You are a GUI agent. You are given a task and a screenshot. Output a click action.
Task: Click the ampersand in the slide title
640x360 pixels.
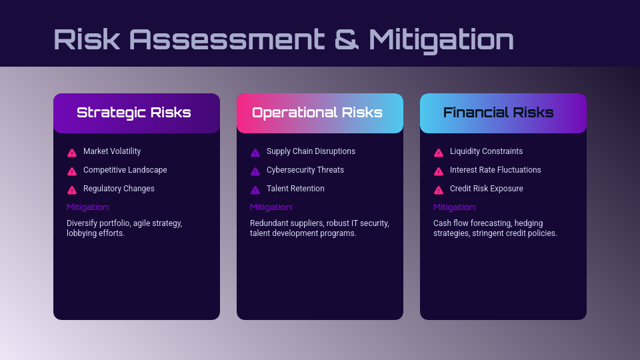[347, 39]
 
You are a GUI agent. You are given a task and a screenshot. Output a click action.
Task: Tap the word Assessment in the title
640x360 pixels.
[227, 39]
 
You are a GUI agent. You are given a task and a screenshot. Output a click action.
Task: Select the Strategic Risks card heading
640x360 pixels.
[134, 113]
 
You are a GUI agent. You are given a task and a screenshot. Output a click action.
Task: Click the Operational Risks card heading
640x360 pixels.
[317, 113]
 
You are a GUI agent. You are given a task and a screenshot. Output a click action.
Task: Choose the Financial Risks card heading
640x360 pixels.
[499, 113]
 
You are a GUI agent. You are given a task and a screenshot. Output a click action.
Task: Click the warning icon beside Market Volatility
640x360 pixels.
[72, 153]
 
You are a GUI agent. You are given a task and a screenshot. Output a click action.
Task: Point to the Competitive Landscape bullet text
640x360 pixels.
[125, 170]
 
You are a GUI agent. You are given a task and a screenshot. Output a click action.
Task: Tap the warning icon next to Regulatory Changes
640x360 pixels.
[72, 190]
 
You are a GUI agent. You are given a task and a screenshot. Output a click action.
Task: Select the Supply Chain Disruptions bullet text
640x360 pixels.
[311, 151]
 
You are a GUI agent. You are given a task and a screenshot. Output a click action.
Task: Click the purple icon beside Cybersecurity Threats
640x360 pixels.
[255, 171]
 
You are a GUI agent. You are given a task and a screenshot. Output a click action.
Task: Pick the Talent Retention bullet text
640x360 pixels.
[295, 189]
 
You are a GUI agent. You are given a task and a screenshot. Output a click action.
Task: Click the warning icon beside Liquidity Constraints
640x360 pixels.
[439, 153]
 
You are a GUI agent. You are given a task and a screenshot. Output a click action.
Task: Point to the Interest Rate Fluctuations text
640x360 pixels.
[495, 170]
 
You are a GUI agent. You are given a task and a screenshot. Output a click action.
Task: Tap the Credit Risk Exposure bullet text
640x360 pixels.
[487, 189]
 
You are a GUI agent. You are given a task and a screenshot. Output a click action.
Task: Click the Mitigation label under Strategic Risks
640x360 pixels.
[88, 207]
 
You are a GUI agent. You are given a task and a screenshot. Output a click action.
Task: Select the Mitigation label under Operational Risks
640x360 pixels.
[271, 207]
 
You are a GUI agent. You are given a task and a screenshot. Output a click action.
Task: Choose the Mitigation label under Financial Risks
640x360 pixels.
[455, 207]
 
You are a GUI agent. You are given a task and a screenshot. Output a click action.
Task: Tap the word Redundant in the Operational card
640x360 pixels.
[267, 223]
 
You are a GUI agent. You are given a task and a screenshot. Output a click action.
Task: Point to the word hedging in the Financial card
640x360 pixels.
[529, 223]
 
